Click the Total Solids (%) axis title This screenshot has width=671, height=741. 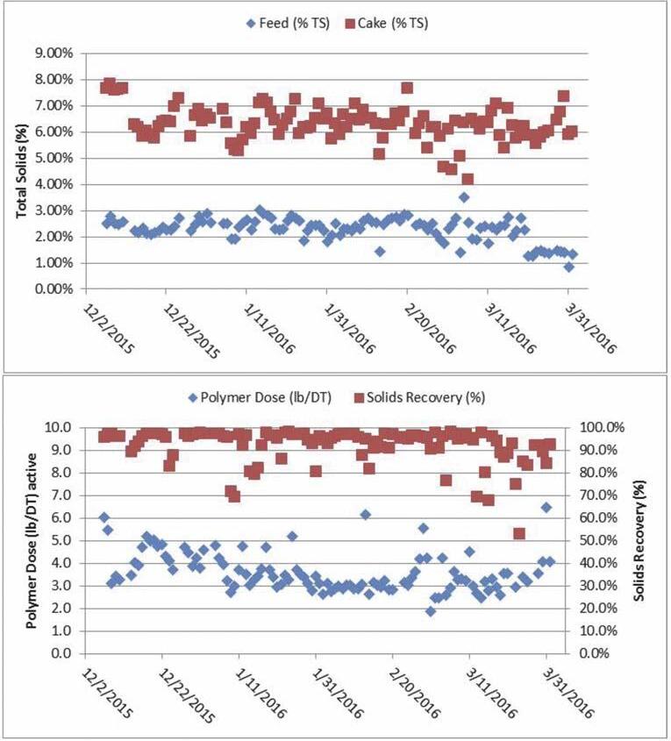[19, 171]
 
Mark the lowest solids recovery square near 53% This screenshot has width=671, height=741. [519, 533]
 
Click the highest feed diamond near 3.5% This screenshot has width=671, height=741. [464, 196]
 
